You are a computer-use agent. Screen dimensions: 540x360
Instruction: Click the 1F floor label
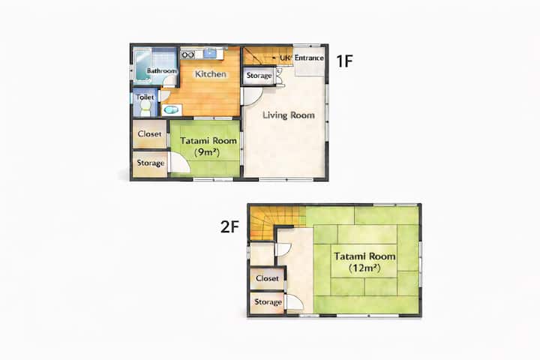[344, 61]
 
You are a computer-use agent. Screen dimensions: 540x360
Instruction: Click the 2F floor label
[229, 226]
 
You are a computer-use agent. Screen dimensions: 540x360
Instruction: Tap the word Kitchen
[211, 73]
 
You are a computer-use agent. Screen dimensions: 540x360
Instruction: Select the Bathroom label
[161, 70]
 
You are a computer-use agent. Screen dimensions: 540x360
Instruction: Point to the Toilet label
[145, 97]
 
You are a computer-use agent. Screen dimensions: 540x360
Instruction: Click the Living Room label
[289, 115]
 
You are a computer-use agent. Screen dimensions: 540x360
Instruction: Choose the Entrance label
[309, 58]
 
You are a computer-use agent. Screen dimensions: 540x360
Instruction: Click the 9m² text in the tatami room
[207, 152]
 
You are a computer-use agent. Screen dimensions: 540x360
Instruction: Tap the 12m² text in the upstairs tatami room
[364, 268]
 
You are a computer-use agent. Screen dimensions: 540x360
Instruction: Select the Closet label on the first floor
[149, 133]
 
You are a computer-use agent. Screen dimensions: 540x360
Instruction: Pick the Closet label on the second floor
[267, 278]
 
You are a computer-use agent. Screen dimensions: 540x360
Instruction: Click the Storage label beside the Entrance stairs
[259, 76]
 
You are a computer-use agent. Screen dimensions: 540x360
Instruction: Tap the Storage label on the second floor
[268, 302]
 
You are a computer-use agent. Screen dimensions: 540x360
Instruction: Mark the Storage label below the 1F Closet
[151, 163]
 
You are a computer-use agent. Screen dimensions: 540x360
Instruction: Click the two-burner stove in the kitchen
[188, 55]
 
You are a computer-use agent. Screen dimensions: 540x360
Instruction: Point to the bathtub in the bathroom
[142, 65]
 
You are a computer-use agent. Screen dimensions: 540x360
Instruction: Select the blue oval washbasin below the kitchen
[171, 110]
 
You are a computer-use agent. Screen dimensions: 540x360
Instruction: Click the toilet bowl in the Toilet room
[145, 109]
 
